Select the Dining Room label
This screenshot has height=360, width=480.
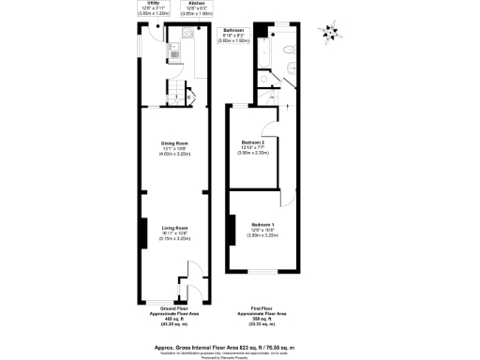pyautogui.click(x=175, y=142)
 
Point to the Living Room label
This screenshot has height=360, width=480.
pyautogui.click(x=175, y=228)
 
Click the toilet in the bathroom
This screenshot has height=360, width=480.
pyautogui.click(x=292, y=48)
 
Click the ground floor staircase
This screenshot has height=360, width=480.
pyautogui.click(x=175, y=94)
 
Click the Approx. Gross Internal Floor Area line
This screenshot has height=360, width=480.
pyautogui.click(x=240, y=347)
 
